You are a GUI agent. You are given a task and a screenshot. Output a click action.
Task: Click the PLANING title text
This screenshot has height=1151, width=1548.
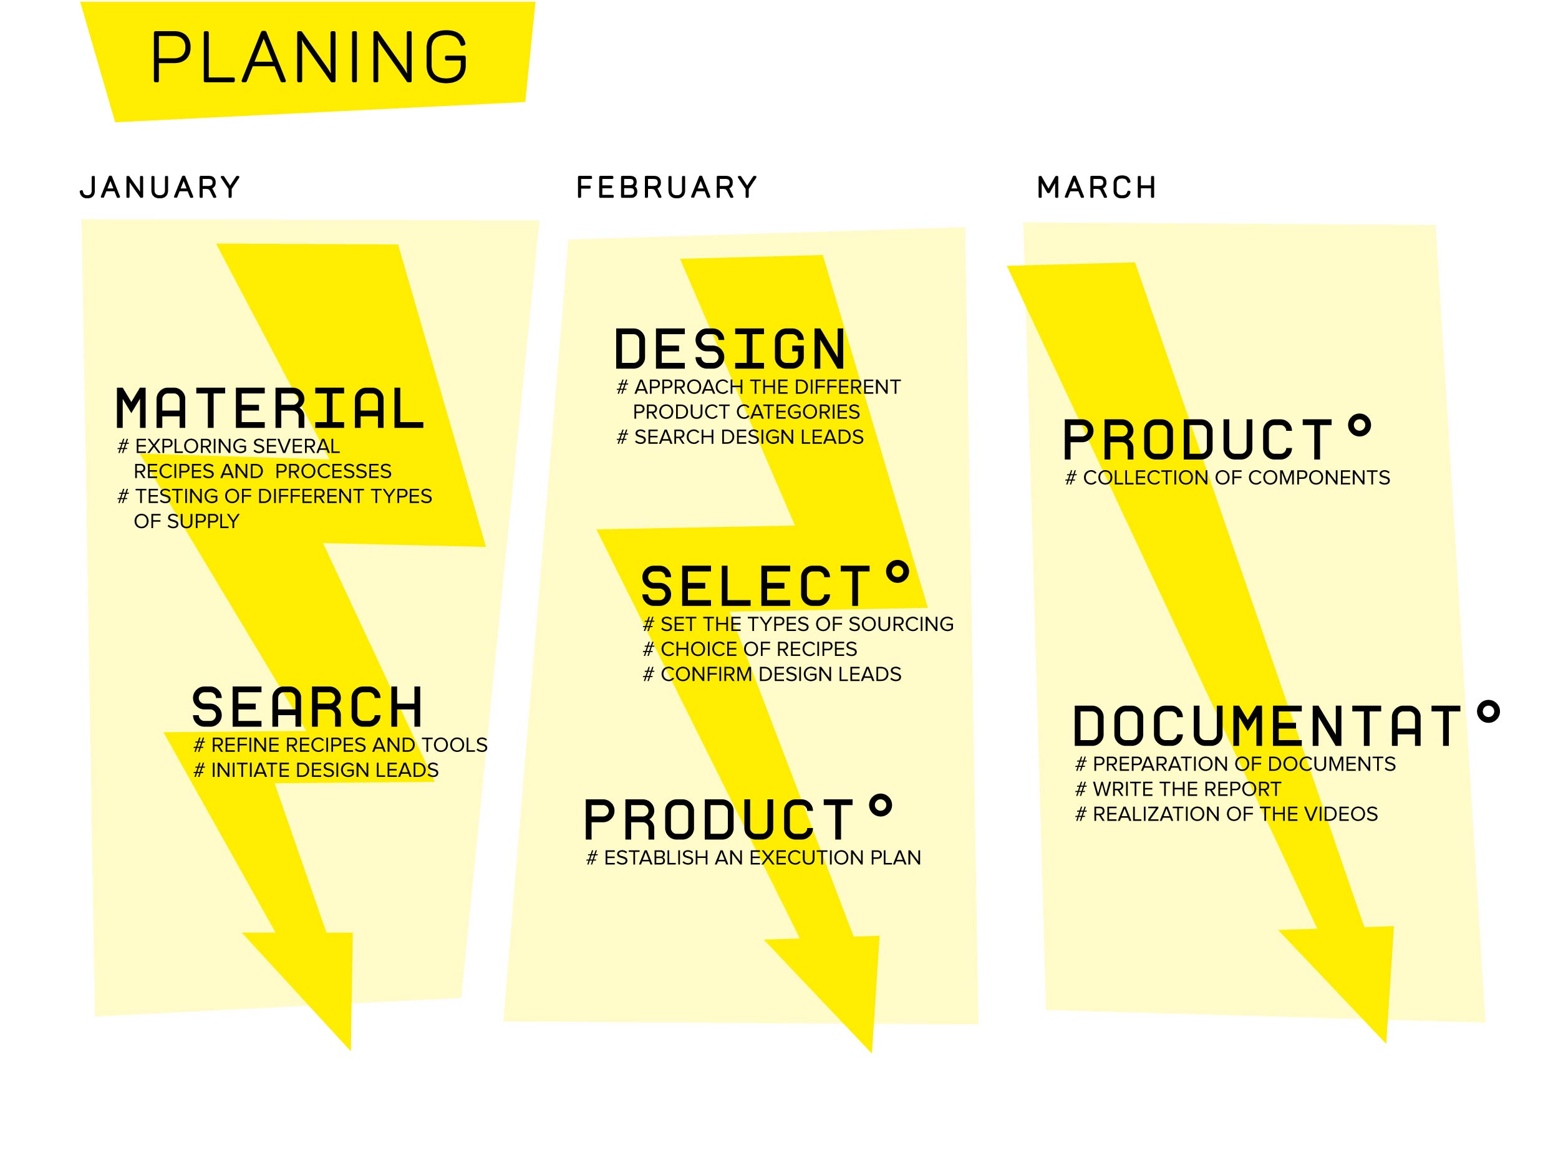[309, 57]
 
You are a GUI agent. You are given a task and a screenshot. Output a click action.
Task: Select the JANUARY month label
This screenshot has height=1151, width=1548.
[160, 188]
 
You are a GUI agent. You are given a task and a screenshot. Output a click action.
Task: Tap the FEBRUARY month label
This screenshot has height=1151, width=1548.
[666, 188]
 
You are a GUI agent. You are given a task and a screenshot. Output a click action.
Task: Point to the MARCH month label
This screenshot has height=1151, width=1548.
[1096, 188]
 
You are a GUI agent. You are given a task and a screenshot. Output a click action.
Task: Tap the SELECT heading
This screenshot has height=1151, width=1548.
[757, 586]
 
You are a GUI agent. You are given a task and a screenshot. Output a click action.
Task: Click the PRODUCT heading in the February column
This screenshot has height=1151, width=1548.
[718, 819]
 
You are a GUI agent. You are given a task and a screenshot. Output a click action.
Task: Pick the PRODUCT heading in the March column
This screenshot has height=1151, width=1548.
[1197, 440]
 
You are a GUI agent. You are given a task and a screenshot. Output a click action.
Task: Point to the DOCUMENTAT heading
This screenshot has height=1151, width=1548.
[1267, 726]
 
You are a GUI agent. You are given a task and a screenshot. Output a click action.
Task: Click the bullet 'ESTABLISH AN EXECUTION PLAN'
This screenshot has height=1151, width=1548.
[753, 858]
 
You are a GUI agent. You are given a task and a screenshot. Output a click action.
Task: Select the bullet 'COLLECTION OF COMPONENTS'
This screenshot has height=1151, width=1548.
[1227, 478]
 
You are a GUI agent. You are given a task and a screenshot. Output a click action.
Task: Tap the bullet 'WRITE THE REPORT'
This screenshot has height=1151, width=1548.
[1178, 789]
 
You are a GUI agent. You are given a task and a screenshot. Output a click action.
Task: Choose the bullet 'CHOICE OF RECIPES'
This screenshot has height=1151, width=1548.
[749, 649]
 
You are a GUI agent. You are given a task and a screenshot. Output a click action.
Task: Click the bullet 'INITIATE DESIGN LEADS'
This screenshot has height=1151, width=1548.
[316, 771]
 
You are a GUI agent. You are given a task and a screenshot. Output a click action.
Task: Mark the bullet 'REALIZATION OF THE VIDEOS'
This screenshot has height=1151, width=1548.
[1226, 814]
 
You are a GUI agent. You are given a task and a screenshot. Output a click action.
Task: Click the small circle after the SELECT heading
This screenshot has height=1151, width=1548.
[897, 572]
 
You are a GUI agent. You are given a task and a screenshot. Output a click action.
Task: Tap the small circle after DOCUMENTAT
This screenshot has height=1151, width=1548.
[1488, 711]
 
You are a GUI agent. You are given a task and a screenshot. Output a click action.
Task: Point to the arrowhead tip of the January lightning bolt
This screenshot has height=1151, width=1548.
[350, 1049]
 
